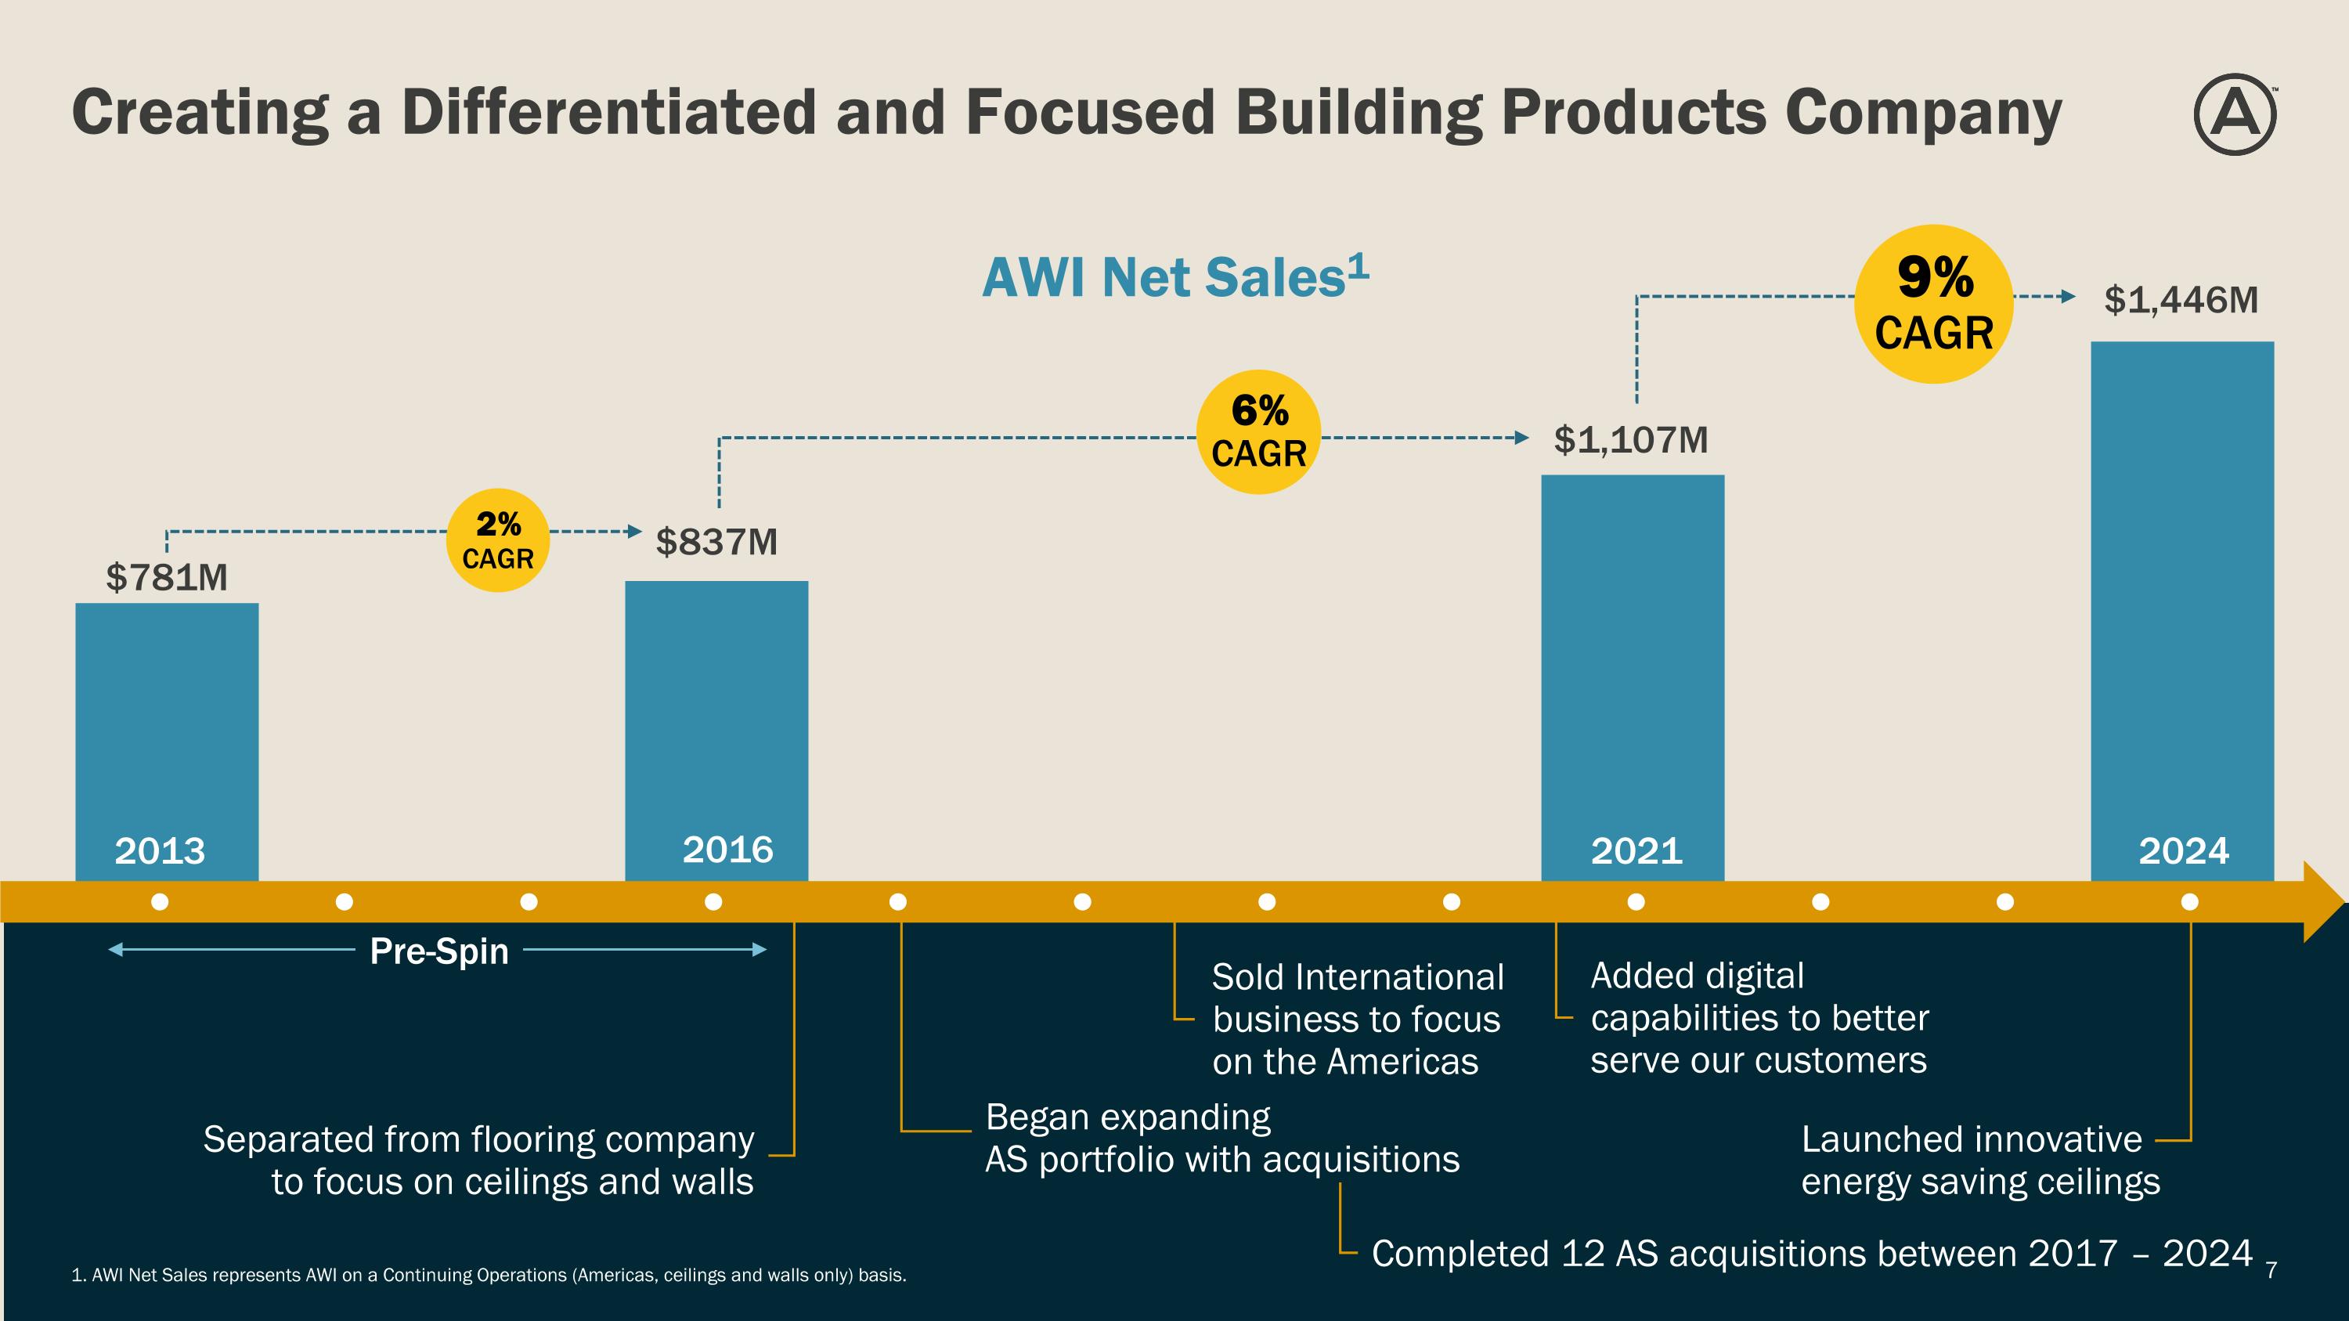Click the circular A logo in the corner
point(2234,115)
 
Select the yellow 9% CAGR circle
point(1933,304)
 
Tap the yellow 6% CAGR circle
point(1258,432)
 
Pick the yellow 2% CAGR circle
point(497,540)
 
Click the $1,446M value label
point(2181,300)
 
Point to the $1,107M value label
point(1630,440)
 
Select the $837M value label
point(716,543)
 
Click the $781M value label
point(167,578)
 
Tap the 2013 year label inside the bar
point(160,851)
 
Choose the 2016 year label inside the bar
point(727,850)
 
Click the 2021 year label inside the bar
point(1636,851)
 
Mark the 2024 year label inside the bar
point(2183,851)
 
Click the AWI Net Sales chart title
point(1174,277)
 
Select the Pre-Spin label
point(438,951)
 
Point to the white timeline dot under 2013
point(160,901)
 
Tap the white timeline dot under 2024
point(2189,901)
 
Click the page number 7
point(2271,1269)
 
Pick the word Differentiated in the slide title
point(608,112)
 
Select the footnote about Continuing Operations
point(489,1276)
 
